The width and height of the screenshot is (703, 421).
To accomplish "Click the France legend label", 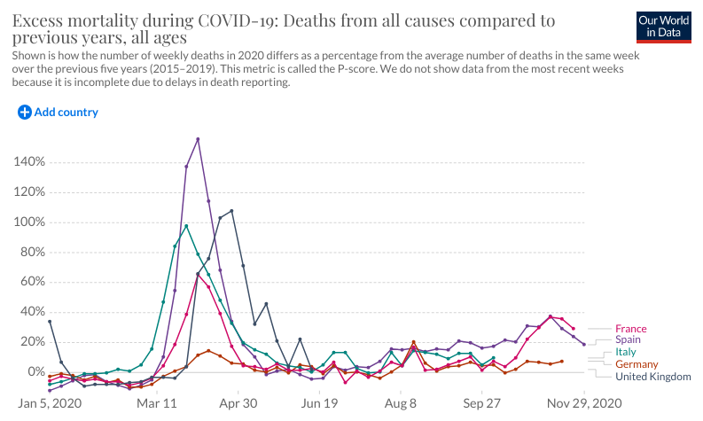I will (630, 329).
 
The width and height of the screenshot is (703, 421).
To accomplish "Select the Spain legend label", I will (629, 339).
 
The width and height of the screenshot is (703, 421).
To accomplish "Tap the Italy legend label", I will (626, 352).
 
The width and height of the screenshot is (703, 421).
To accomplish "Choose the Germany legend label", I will (637, 364).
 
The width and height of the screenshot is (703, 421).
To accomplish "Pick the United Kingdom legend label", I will (653, 377).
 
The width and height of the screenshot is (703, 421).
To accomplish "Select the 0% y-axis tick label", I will (35, 372).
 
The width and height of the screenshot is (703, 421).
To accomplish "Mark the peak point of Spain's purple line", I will (198, 139).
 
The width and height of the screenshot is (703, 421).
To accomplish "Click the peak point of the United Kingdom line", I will (231, 211).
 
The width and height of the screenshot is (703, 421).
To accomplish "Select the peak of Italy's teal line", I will (186, 226).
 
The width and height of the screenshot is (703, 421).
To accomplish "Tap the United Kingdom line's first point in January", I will (50, 321).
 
